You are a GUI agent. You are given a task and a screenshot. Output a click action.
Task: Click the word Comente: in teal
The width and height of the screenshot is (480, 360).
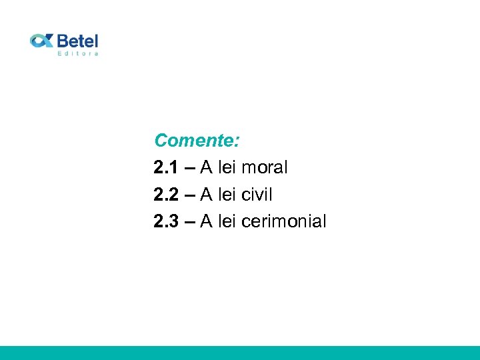point(197,141)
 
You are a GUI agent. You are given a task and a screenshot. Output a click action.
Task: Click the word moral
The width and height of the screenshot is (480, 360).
point(265,168)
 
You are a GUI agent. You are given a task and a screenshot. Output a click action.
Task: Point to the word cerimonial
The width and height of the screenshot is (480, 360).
point(284,221)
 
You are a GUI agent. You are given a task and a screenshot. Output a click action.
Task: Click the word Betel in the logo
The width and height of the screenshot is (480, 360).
point(77,40)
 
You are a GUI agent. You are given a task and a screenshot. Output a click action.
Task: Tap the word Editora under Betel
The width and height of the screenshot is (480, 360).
point(78,53)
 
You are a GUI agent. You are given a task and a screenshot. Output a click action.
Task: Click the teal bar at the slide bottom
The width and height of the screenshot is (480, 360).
point(240,353)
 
